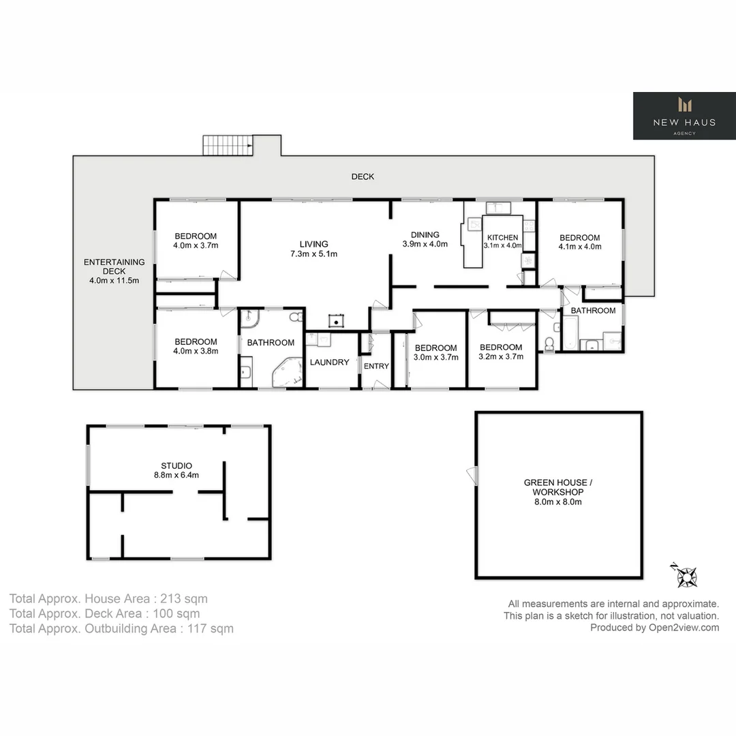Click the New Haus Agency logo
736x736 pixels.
tap(684, 115)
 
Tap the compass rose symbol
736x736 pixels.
tap(686, 575)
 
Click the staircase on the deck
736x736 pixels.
tap(228, 145)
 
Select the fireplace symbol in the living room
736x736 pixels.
tap(336, 321)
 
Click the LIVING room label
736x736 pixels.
tap(313, 244)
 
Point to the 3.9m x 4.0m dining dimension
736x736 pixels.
tap(425, 244)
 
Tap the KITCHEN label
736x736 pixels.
tap(503, 238)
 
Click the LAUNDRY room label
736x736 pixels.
tap(330, 363)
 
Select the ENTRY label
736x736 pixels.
tap(376, 366)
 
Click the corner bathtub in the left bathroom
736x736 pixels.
tap(288, 373)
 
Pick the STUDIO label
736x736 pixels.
tap(177, 465)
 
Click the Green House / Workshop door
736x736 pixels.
tap(472, 476)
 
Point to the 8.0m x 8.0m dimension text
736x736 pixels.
tap(558, 502)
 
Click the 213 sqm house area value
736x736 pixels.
tap(183, 598)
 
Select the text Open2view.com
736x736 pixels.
tap(684, 628)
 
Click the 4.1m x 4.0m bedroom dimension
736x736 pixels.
tap(580, 247)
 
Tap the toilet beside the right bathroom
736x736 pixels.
tap(549, 344)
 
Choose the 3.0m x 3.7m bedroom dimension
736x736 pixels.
tap(435, 357)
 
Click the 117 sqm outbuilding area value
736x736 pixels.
tap(211, 628)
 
